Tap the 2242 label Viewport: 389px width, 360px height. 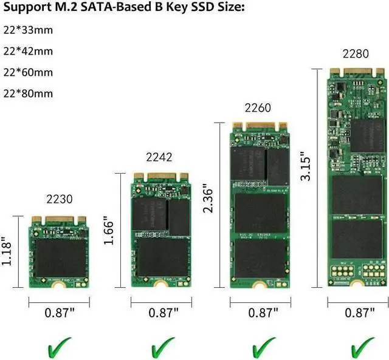(159, 157)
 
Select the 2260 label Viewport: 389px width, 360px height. (258, 109)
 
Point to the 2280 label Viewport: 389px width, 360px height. (356, 53)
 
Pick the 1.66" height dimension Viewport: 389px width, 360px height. (108, 230)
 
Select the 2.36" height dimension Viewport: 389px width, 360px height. (208, 200)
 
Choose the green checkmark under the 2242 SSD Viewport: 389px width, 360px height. (162, 348)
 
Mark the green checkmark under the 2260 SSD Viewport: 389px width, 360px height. (263, 348)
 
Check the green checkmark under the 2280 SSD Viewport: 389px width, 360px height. (361, 348)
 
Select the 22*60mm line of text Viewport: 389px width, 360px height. (28, 72)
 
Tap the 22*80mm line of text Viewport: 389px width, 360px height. (28, 93)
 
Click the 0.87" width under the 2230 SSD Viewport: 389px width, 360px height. (60, 313)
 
